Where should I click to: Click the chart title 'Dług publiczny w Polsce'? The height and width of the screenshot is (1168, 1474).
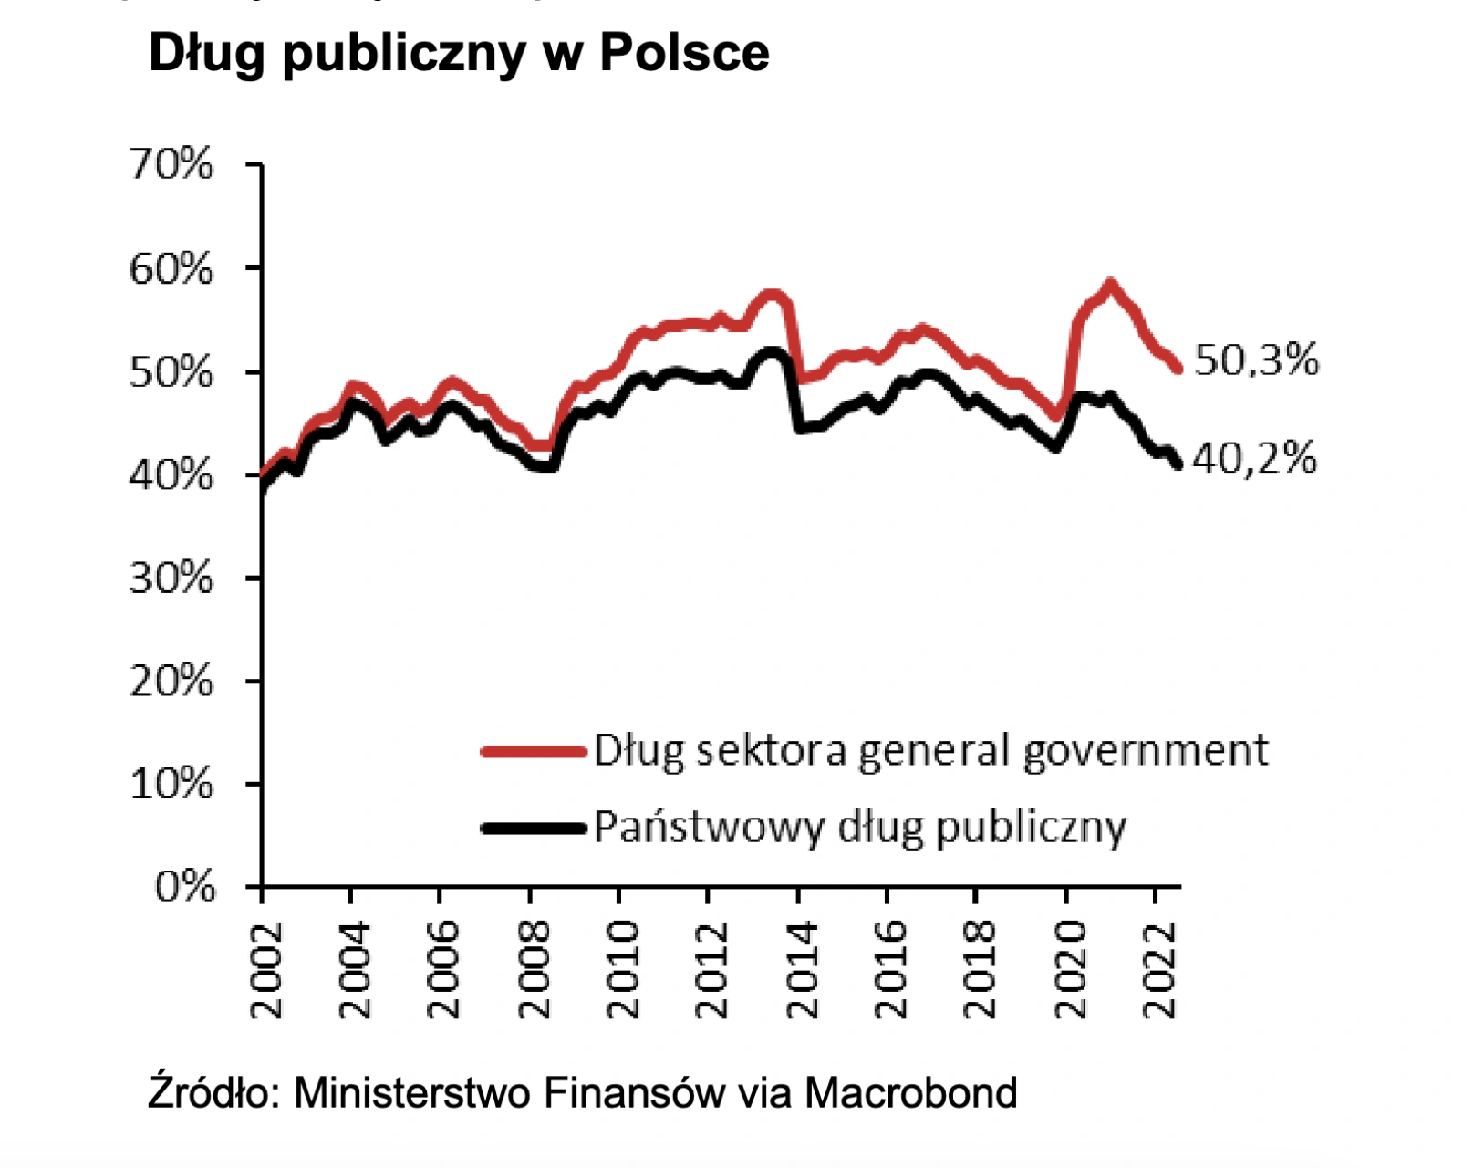[x=459, y=53]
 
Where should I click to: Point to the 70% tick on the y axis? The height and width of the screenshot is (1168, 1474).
[x=171, y=165]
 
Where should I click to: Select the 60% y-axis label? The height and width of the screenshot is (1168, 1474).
[x=171, y=269]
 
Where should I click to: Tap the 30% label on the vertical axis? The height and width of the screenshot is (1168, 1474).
[x=171, y=579]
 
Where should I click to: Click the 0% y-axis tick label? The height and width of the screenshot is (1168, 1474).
[x=185, y=886]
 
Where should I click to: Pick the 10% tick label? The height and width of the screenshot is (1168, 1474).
[x=171, y=784]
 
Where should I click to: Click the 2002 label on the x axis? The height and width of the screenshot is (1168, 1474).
[x=266, y=970]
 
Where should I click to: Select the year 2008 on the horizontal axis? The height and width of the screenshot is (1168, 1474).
[x=535, y=970]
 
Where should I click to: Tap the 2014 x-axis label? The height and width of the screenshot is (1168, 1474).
[x=803, y=970]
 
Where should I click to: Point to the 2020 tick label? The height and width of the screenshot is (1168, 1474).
[x=1071, y=970]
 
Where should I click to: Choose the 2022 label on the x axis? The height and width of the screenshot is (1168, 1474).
[x=1160, y=970]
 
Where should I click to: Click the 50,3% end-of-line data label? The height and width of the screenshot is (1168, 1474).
[x=1256, y=360]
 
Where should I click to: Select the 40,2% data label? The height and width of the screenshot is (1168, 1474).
[x=1254, y=458]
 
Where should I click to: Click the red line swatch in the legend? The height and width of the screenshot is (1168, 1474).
[x=533, y=751]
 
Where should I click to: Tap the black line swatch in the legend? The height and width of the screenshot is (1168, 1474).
[x=533, y=828]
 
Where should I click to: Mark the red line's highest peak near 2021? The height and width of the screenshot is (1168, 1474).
[x=1110, y=286]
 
